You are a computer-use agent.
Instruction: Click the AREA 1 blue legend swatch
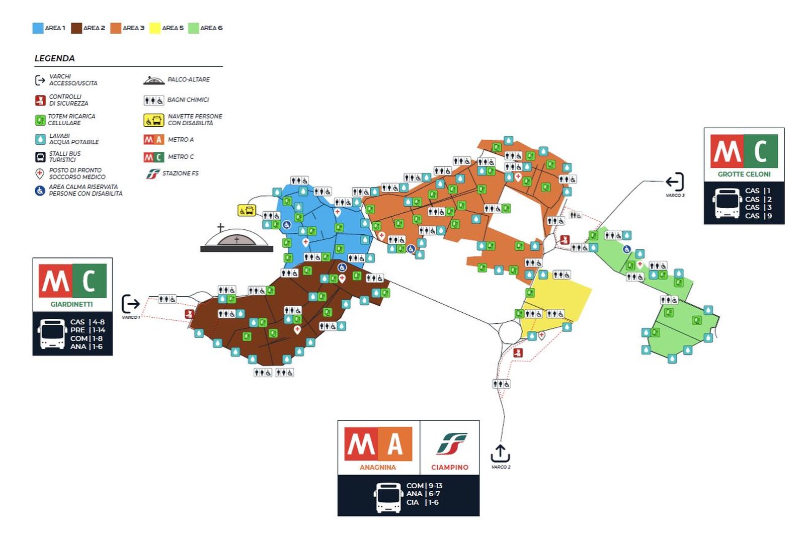38,28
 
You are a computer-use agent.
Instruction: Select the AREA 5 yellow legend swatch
155,28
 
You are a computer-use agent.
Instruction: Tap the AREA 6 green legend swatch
193,28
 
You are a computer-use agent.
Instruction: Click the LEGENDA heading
54,58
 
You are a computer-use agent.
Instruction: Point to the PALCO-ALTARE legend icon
153,80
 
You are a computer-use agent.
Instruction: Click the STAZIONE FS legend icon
152,174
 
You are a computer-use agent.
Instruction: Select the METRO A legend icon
153,140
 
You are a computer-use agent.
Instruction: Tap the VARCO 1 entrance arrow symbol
131,304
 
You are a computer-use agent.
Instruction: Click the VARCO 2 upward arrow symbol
500,453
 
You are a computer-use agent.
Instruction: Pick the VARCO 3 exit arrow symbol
675,182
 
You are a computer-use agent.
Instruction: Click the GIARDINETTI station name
71,304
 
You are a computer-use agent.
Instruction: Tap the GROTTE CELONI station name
744,174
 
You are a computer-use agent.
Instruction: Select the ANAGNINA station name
377,467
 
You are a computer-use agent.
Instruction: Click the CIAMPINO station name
449,467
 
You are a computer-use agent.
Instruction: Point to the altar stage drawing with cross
236,240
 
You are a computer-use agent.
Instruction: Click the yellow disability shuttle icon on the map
247,210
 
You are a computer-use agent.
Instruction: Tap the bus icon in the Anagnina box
388,497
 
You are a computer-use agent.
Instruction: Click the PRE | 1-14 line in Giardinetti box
88,330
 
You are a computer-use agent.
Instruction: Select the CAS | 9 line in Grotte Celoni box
758,216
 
